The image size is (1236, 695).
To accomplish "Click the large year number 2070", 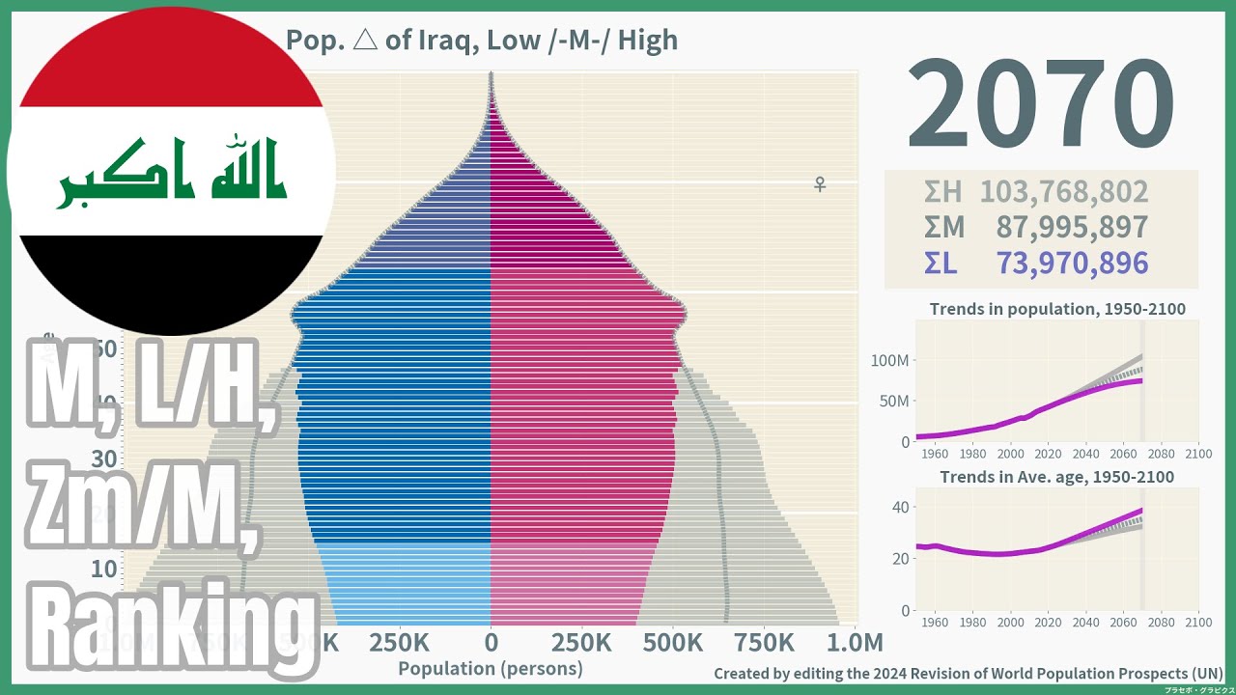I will pyautogui.click(x=1040, y=103).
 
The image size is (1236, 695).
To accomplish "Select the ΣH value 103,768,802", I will pyautogui.click(x=1064, y=192).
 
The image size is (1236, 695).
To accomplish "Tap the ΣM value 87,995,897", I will pyautogui.click(x=1072, y=227).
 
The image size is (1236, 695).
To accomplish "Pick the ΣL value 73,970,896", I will pyautogui.click(x=1072, y=263).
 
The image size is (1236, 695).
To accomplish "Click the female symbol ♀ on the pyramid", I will pyautogui.click(x=820, y=183).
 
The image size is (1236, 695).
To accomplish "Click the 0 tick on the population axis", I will pyautogui.click(x=491, y=643).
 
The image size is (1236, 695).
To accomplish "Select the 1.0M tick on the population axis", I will pyautogui.click(x=856, y=643).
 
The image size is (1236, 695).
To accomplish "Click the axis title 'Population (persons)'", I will pyautogui.click(x=491, y=668).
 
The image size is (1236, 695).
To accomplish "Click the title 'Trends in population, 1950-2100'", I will pyautogui.click(x=1057, y=310).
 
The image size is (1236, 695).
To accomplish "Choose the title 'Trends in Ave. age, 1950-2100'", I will pyautogui.click(x=1057, y=477).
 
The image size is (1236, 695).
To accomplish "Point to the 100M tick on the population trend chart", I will pyautogui.click(x=889, y=361).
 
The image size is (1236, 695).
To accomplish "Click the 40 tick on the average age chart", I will pyautogui.click(x=899, y=507).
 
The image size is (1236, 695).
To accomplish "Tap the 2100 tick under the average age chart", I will pyautogui.click(x=1197, y=622).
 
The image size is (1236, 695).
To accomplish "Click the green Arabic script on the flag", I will pyautogui.click(x=171, y=174).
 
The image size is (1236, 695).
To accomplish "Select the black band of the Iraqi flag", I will pyautogui.click(x=172, y=280).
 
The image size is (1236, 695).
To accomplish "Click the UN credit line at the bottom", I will pyautogui.click(x=968, y=674).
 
